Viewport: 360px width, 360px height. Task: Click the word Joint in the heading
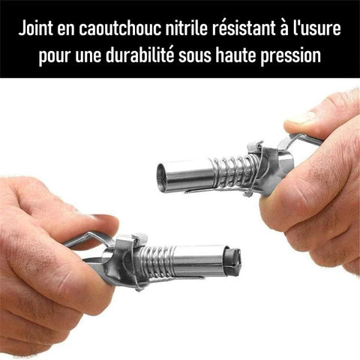(x=36, y=28)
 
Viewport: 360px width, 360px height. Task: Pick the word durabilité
(x=139, y=55)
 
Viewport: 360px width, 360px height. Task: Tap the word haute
(x=235, y=55)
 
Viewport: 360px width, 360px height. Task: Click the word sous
(x=195, y=56)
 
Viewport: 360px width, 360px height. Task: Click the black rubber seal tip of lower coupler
(x=233, y=259)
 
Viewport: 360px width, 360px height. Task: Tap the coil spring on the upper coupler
(x=235, y=171)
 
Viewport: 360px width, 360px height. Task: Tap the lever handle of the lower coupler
(x=88, y=240)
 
